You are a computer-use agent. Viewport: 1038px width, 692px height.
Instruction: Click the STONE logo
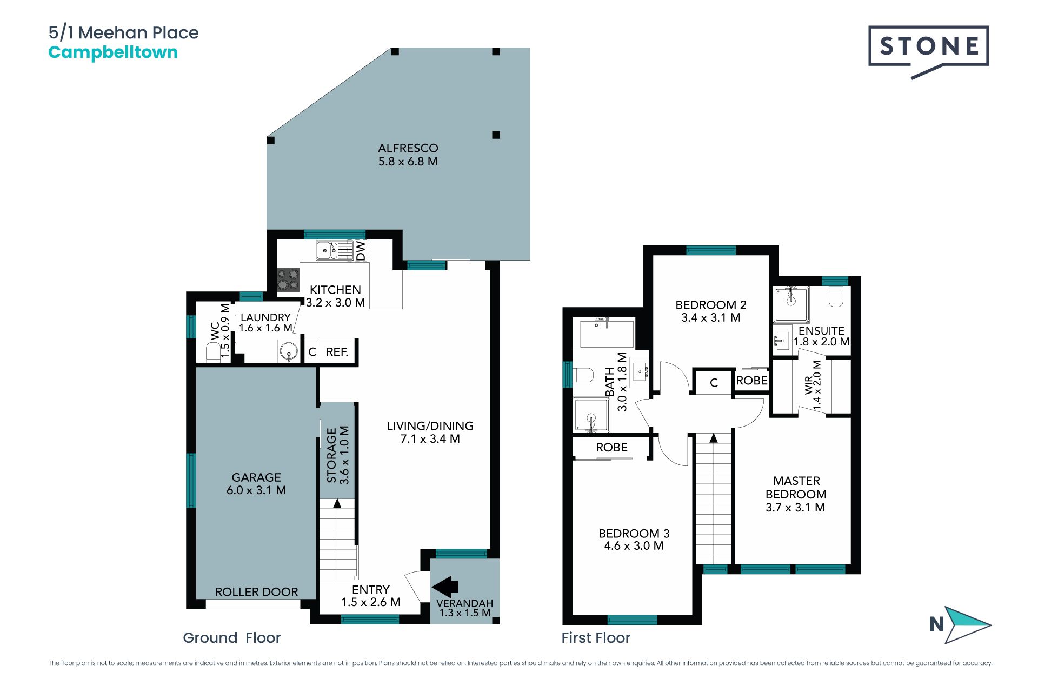pos(928,52)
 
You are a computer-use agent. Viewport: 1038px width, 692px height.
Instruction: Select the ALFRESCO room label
pos(408,148)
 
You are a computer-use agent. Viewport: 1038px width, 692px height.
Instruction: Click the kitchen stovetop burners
pos(288,280)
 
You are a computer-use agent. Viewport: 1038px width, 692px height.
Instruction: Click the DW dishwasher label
pos(361,251)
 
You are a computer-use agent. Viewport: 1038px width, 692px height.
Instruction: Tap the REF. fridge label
pos(337,352)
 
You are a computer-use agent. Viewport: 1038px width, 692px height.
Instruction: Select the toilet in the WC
pos(214,351)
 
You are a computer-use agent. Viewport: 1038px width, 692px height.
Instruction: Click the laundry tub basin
pos(289,351)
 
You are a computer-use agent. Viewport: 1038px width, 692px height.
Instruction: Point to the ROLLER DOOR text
pos(257,592)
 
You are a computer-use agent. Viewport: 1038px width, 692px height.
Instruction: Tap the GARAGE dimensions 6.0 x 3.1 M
pos(256,490)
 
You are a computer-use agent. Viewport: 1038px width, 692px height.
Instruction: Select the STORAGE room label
pos(331,455)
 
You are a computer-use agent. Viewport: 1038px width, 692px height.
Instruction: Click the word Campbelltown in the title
pos(113,53)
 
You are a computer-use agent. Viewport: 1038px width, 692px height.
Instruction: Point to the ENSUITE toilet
pos(836,296)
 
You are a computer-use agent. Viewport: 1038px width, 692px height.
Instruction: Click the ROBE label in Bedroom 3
pos(612,448)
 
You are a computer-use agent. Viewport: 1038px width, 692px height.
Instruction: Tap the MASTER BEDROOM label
pos(796,488)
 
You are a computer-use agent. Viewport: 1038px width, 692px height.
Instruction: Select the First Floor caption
pos(596,638)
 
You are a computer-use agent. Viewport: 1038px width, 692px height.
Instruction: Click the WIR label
pos(809,385)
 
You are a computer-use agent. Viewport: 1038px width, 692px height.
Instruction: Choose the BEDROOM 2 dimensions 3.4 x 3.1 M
pos(711,318)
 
